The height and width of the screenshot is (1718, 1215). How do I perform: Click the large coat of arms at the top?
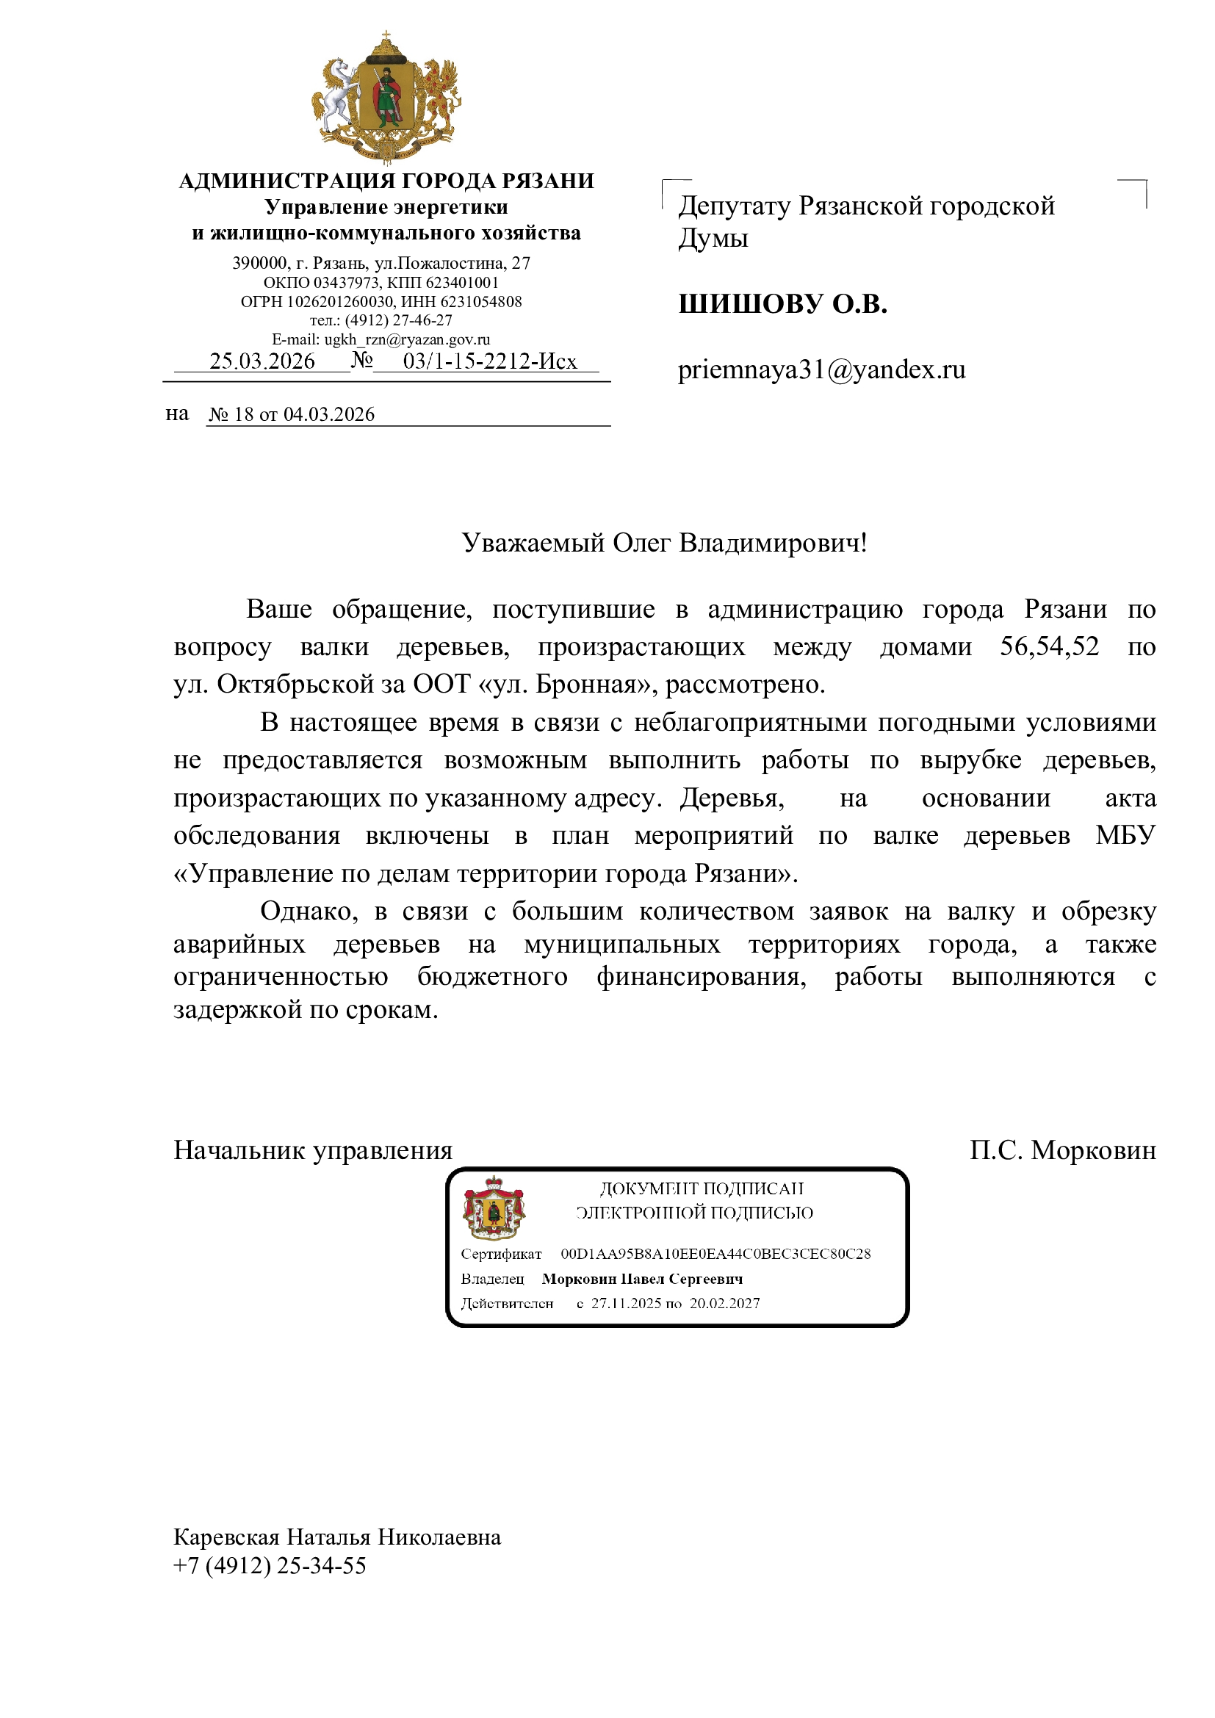coord(386,97)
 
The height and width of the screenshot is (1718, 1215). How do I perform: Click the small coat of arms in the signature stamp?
coord(494,1208)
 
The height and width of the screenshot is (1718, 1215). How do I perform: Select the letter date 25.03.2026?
coord(262,361)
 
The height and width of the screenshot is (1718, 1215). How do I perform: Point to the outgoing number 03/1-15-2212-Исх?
coord(490,361)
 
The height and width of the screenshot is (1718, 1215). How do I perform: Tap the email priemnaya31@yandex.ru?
coord(821,369)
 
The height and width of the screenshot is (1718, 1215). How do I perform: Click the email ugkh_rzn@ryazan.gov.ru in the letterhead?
coord(407,339)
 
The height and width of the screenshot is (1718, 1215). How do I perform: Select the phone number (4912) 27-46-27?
coord(399,320)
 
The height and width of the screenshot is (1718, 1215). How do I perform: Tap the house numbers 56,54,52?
coord(1049,646)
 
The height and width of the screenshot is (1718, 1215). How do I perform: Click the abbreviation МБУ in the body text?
coord(1125,835)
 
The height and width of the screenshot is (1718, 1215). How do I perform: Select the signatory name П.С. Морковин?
coord(1062,1150)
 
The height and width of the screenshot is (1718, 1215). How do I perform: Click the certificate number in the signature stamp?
coord(715,1254)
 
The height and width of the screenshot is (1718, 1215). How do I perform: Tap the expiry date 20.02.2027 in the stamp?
coord(724,1304)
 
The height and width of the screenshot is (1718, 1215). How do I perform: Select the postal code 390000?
coord(259,264)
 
